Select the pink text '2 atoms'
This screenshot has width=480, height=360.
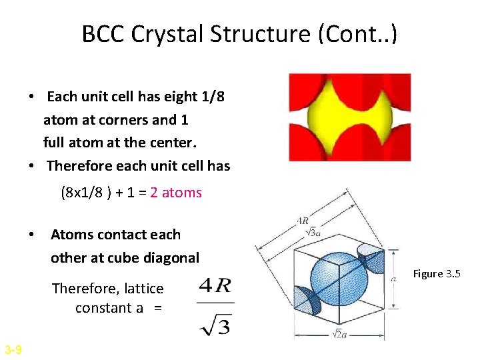coord(176,193)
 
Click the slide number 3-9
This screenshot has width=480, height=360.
coord(13,349)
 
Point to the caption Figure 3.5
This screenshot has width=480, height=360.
coord(437,274)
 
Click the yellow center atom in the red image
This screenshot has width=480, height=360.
coord(349,118)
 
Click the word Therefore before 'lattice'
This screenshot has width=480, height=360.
coord(83,289)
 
